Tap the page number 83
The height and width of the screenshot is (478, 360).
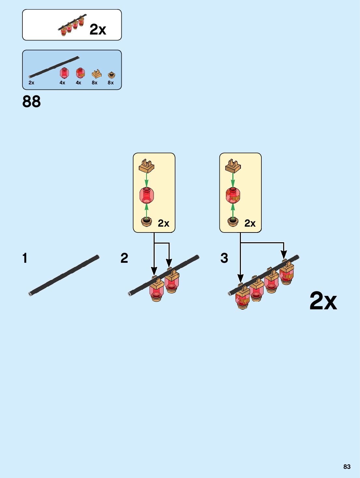click(x=347, y=467)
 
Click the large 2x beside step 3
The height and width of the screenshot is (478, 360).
click(x=323, y=301)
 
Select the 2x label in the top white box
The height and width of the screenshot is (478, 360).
click(x=98, y=29)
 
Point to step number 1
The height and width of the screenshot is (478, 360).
click(x=25, y=258)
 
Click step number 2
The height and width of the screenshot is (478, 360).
click(x=124, y=258)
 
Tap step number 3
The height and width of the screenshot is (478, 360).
click(x=224, y=258)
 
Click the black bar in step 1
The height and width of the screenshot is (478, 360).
click(x=64, y=275)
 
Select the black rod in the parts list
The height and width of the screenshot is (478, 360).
click(x=54, y=67)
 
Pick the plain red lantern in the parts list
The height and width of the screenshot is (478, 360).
click(x=64, y=73)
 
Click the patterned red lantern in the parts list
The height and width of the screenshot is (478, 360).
click(x=80, y=73)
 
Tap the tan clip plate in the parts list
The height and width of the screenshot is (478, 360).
click(x=96, y=74)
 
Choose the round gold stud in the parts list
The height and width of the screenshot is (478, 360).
click(x=111, y=75)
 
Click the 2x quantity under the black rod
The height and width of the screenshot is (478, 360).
click(x=31, y=83)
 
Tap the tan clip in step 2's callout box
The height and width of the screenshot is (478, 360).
click(x=146, y=166)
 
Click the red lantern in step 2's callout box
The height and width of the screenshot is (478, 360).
click(x=146, y=195)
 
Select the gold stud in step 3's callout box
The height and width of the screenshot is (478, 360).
click(x=233, y=222)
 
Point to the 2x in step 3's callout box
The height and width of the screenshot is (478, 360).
click(x=250, y=223)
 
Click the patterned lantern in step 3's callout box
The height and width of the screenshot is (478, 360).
click(x=233, y=195)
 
